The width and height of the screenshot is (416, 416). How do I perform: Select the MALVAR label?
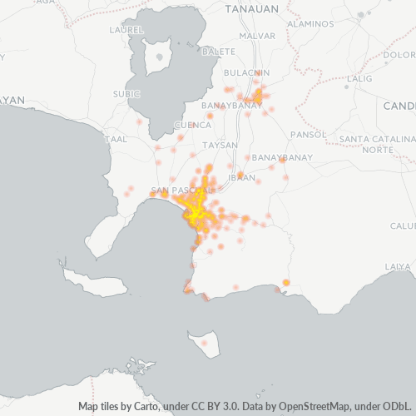coord(256,37)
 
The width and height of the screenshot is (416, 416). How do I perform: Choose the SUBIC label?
coord(126,94)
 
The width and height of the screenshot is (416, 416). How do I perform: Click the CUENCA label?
coord(192,126)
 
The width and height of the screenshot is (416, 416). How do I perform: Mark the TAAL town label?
coord(116,139)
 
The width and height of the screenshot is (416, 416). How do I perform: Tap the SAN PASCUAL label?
coord(177,191)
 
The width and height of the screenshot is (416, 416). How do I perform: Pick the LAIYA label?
coord(397,266)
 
